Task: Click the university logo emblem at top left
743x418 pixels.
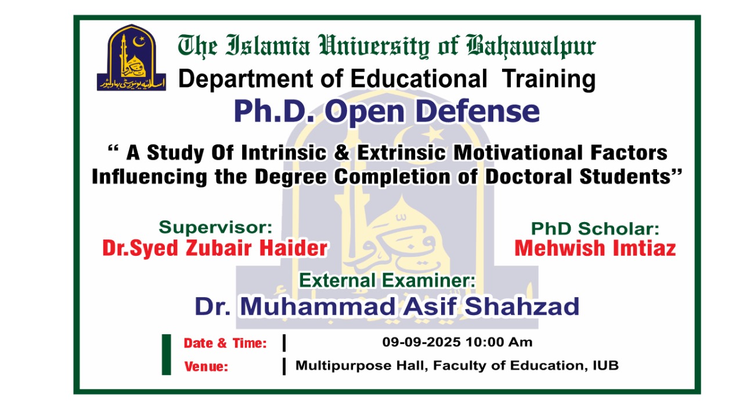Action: (131, 58)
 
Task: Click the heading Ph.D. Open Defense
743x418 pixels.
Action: (387, 112)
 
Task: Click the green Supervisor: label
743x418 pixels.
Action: (215, 227)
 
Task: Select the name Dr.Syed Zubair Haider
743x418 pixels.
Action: (215, 248)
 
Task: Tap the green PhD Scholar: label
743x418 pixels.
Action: (595, 228)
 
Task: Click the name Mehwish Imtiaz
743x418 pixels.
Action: (595, 248)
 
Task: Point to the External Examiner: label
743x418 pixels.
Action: (387, 281)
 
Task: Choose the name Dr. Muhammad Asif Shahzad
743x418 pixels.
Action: (387, 306)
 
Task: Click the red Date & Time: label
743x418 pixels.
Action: (225, 344)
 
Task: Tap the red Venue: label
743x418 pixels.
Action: (206, 367)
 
